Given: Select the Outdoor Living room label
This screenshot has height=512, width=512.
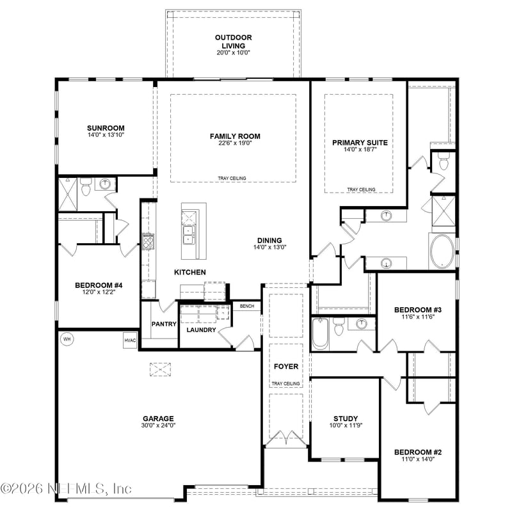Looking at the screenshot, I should pos(232,42).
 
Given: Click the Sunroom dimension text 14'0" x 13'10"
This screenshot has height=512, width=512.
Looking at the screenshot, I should pos(106,136).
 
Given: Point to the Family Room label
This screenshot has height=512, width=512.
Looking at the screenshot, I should pos(235,136).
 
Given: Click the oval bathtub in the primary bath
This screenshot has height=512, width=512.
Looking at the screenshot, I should pos(442,252).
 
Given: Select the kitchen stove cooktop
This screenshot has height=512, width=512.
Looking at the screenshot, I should pos(148,241).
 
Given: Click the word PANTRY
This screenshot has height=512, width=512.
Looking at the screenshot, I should pos(164,324).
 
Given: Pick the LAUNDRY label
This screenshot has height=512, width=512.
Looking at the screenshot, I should pos(200,330).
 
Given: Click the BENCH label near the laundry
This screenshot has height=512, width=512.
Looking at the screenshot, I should pos(247,307).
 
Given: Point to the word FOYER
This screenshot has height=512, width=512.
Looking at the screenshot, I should pos(285,367).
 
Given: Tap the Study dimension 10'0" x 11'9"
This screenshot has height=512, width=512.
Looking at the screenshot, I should pos(345,426).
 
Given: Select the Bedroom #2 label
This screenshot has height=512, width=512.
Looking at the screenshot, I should pos(418,452).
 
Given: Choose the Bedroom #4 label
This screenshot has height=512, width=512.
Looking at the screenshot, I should pos(95,285).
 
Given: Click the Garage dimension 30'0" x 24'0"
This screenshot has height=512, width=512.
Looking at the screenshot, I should pos(159,426).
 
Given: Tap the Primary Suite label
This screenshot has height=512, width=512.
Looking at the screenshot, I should pos(360,143).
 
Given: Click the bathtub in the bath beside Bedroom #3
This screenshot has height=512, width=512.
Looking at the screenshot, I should pos(320,333).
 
